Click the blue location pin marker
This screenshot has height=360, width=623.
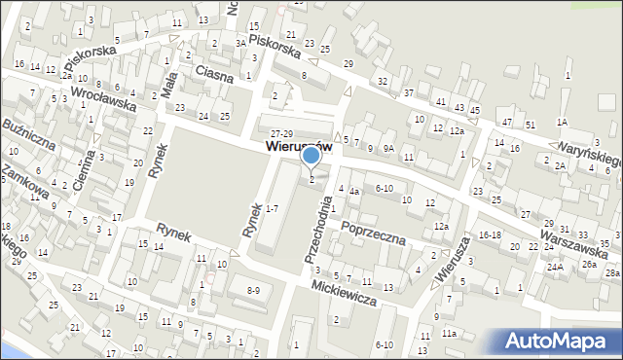coord(311,157)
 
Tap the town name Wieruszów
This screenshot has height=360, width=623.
coord(299,146)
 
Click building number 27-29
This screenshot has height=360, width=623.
coord(282,133)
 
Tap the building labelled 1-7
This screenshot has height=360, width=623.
coord(273,208)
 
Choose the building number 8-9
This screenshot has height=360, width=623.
coord(253,290)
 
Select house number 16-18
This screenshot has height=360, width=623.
coord(489,234)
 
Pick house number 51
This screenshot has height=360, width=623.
coord(531,126)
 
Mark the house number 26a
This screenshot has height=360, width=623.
coord(589,264)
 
